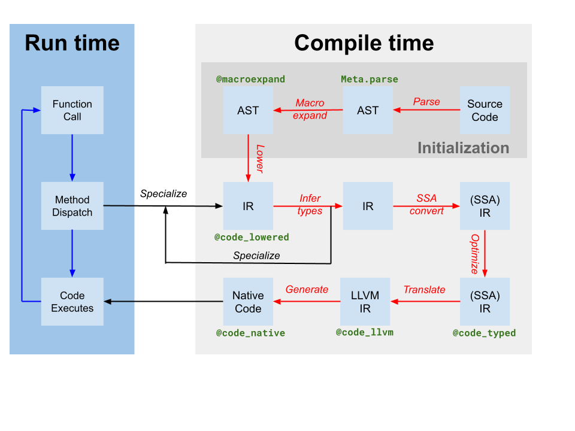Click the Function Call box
[x=72, y=110]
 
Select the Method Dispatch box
[x=72, y=206]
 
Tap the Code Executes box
[x=72, y=302]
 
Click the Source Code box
[x=485, y=110]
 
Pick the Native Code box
[x=248, y=302]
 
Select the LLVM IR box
[x=365, y=302]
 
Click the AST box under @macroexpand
[x=248, y=110]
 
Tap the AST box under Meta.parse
[x=368, y=110]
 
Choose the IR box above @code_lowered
[x=248, y=206]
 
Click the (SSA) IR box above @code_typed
[x=485, y=302]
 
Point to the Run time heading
[x=72, y=43]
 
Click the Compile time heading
[x=364, y=43]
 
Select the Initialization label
[x=463, y=148]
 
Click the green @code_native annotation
[x=250, y=333]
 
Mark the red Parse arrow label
[x=426, y=102]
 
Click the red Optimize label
[x=474, y=254]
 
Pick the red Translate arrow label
[x=424, y=290]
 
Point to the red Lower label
[x=259, y=159]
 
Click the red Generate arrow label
[x=307, y=290]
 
